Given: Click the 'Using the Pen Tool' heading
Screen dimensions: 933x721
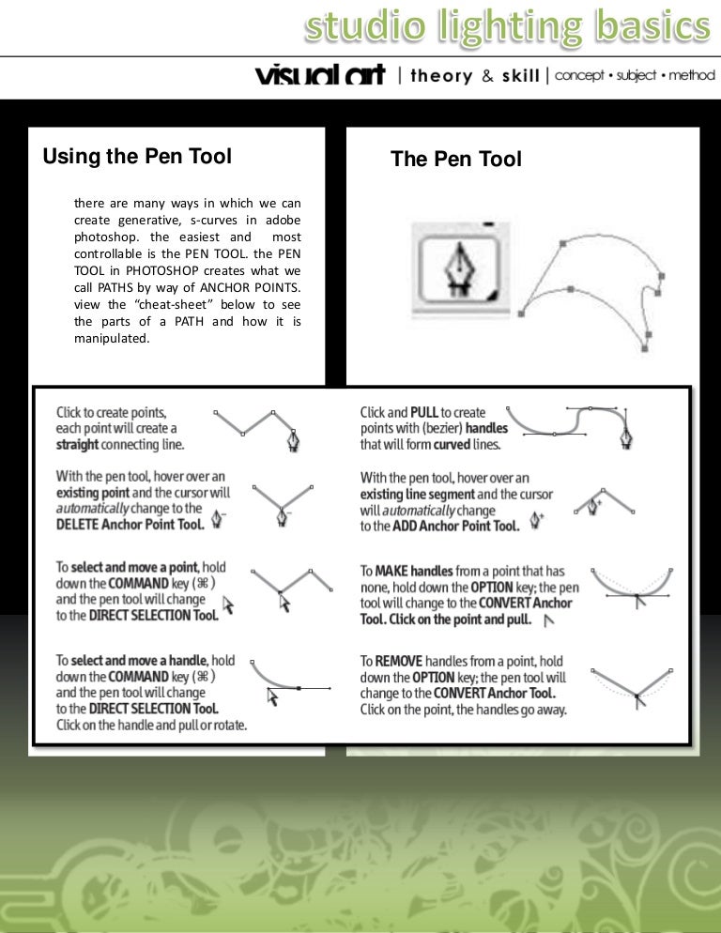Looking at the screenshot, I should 137,157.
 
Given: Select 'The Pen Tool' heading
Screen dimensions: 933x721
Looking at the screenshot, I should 455,160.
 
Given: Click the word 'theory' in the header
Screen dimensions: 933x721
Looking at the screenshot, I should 440,76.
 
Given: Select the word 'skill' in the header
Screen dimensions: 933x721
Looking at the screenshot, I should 520,76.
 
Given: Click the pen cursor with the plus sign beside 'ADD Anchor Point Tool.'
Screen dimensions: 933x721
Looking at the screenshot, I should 538,519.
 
